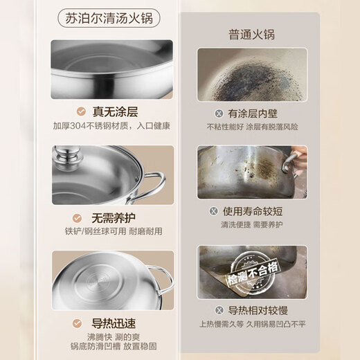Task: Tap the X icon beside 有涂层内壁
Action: pos(219,113)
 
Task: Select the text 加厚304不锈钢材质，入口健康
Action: pos(111,126)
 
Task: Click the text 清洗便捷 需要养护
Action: pos(251,224)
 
